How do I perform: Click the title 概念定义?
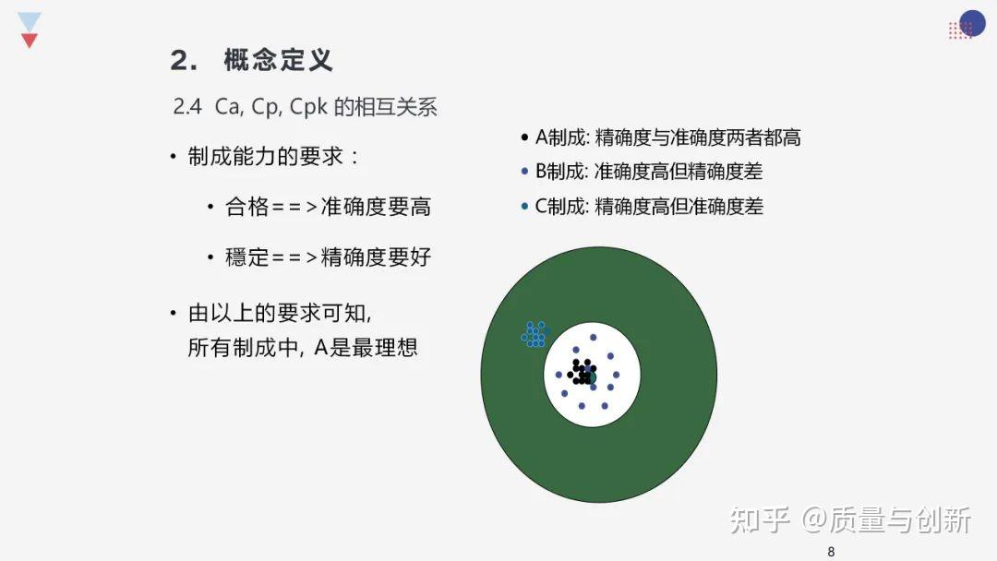279,60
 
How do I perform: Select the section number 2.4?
187,107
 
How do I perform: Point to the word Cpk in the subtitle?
308,107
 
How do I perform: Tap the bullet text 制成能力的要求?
266,156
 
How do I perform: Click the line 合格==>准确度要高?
328,207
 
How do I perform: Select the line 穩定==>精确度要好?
328,257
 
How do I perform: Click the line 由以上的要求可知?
279,313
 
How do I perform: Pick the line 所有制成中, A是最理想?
303,348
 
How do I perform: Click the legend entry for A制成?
667,137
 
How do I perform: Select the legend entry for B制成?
649,171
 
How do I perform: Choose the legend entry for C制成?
649,206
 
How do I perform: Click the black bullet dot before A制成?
524,137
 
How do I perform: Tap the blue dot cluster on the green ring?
535,334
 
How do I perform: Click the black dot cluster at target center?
583,372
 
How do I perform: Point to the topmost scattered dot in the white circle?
594,338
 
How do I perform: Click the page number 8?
831,552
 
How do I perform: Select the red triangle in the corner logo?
30,41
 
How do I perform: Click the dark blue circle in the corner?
972,23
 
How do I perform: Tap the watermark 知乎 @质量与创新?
850,520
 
